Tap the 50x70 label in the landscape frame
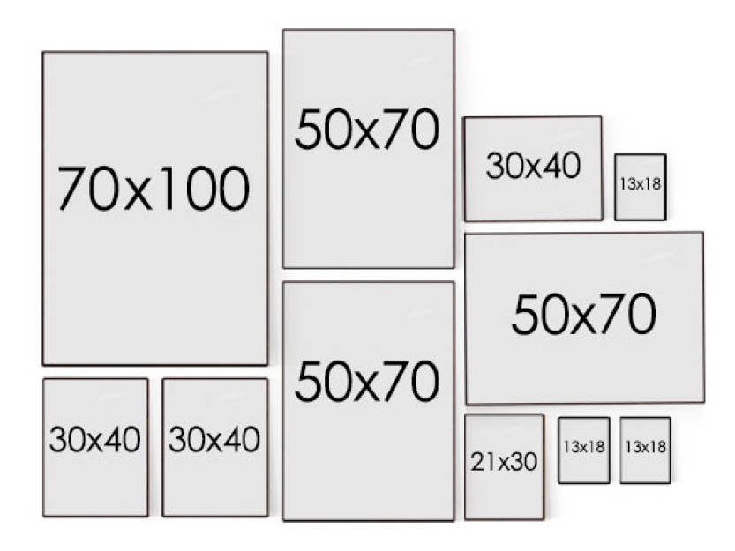pos(583,314)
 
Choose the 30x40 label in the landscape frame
pos(533,166)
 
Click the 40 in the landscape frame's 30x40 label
pos(563,166)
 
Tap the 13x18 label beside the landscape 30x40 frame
pos(640,183)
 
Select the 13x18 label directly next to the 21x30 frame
pos(584,447)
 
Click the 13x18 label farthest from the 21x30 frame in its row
pos(645,447)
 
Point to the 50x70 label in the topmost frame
pos(367,130)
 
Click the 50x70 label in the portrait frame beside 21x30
pos(367,381)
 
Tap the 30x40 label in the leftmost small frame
pos(94,439)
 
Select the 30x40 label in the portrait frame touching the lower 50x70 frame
pos(214,439)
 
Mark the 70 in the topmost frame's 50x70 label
pos(410,130)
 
